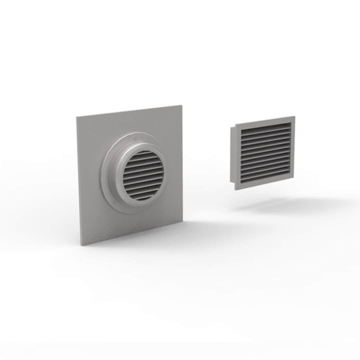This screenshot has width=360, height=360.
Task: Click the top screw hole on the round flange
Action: [x=134, y=138]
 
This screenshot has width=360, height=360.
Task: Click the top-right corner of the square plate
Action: [x=183, y=106]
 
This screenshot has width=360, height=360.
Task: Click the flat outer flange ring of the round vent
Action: [x=106, y=180]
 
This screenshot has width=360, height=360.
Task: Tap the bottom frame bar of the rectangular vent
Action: [x=265, y=185]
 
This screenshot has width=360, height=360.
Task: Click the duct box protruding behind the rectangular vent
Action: [x=232, y=155]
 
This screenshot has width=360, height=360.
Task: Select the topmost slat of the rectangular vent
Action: [x=266, y=127]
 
